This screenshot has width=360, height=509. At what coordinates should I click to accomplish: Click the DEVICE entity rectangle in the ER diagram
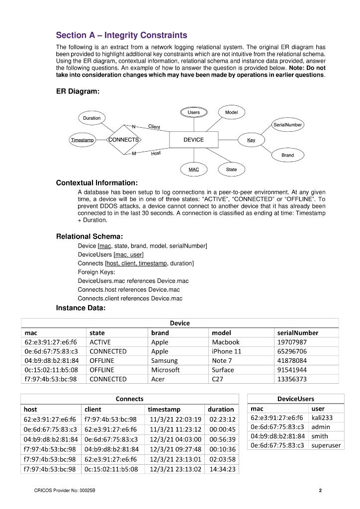click(193, 140)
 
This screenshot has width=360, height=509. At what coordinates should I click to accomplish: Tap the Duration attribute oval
click(91, 118)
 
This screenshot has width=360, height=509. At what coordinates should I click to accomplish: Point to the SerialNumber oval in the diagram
click(287, 124)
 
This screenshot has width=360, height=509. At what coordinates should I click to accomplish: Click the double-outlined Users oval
click(193, 112)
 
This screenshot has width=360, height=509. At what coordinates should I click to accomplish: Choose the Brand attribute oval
click(287, 155)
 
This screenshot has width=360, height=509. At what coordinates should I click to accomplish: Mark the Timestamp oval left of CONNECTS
click(82, 140)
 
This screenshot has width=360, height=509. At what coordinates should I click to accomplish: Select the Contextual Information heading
click(96, 183)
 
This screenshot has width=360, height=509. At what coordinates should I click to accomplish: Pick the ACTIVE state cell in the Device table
click(100, 342)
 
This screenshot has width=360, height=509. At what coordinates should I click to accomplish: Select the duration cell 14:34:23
click(222, 469)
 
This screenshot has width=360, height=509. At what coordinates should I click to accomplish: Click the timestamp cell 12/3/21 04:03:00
click(175, 439)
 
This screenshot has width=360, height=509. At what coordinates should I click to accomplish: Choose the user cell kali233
click(322, 418)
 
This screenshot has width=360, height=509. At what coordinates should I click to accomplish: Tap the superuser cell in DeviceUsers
click(326, 445)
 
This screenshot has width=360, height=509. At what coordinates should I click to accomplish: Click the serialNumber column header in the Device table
click(297, 333)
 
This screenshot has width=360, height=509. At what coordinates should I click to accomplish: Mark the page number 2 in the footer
click(321, 491)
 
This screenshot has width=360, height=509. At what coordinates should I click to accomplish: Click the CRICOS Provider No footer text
click(65, 491)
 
